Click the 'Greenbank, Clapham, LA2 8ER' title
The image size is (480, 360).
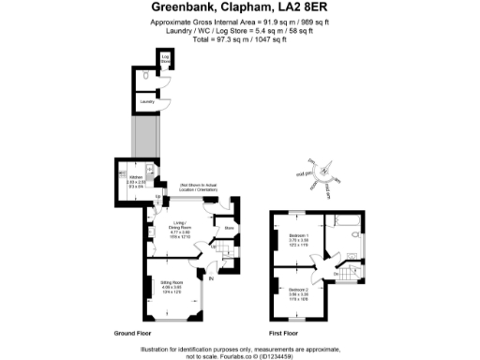click(x=239, y=7)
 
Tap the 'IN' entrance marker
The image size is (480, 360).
click(x=211, y=278)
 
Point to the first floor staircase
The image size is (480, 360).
click(x=349, y=276)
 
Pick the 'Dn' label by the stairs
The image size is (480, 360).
click(x=337, y=274)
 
